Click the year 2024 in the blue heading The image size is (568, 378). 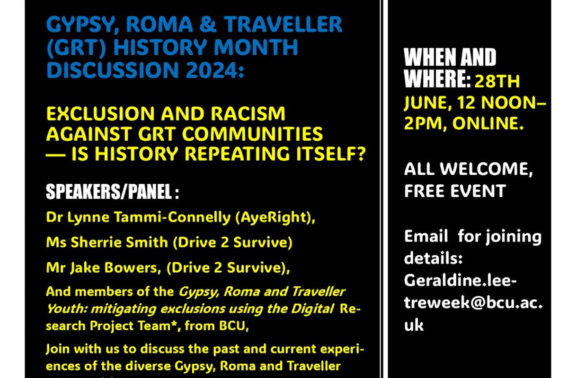coord(211,69)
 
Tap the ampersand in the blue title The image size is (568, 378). coord(208,24)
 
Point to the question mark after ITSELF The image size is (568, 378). coord(359,154)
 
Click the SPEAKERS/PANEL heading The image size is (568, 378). coord(113,192)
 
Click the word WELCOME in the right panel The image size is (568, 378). coord(486,169)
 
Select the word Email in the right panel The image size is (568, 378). coord(426,236)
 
